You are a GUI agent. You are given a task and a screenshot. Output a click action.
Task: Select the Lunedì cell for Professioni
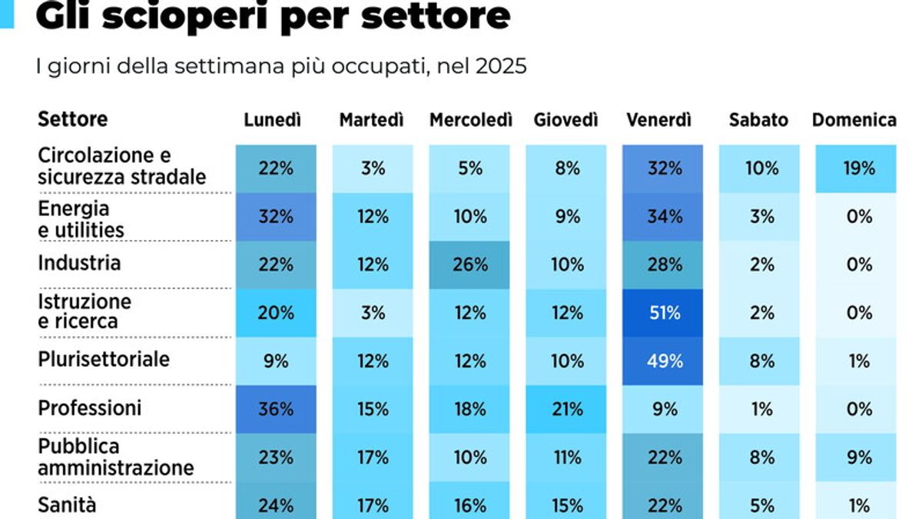276,409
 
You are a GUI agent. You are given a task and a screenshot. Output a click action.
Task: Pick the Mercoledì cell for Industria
469,264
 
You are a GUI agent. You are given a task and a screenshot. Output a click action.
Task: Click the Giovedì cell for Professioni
567,409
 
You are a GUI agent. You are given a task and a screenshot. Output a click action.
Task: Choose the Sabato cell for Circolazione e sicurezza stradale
761,168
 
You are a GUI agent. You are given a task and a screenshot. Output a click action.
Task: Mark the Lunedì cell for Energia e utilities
276,217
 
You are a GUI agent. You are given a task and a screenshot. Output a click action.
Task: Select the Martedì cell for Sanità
373,505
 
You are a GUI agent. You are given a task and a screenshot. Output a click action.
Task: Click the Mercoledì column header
470,120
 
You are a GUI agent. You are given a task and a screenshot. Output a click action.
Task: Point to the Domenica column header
854,120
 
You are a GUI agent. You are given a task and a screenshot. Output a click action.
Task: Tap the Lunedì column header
272,120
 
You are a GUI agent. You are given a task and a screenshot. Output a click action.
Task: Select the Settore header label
73,119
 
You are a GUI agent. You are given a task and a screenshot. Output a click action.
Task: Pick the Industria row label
79,263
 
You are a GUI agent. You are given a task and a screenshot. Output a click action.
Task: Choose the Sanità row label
68,504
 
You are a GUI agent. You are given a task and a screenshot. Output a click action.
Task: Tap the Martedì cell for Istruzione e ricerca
373,313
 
